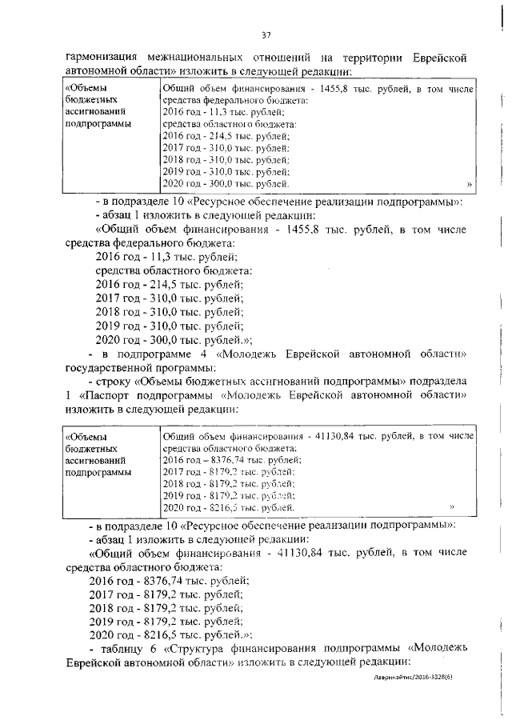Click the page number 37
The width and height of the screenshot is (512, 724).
pos(266,34)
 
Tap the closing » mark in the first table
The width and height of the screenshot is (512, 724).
pos(469,184)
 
